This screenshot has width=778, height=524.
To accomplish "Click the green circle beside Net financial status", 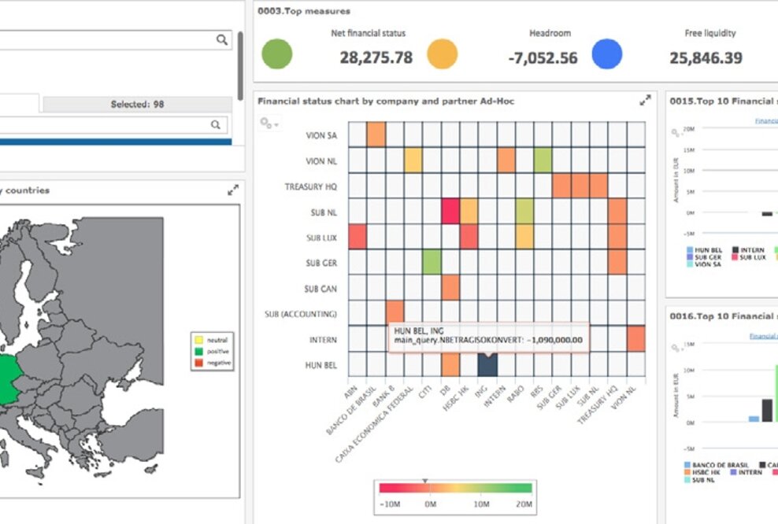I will (276, 54).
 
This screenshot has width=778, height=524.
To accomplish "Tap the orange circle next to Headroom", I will (443, 54).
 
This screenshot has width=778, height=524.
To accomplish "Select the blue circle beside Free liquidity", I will (606, 54).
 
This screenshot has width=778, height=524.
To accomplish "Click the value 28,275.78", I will (376, 57).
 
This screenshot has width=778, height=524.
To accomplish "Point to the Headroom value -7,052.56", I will (542, 57).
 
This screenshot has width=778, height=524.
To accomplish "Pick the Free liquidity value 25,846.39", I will (706, 57).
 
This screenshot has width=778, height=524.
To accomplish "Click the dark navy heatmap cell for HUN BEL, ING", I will (487, 364).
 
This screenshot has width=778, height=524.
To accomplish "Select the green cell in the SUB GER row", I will (432, 262).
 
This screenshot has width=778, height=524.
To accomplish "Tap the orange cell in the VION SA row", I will (376, 135).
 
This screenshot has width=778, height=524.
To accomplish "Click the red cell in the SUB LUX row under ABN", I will (357, 236).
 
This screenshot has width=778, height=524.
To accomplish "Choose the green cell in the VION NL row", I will (543, 161).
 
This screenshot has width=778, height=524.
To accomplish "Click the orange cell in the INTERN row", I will (635, 338).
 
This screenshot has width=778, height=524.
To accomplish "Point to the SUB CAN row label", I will (321, 289).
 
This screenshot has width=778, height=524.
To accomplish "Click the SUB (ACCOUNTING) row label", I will (301, 314).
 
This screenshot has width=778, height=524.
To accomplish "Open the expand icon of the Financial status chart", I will (645, 100).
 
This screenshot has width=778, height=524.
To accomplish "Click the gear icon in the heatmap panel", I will (268, 124).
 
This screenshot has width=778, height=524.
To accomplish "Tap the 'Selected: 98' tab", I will (137, 104).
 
